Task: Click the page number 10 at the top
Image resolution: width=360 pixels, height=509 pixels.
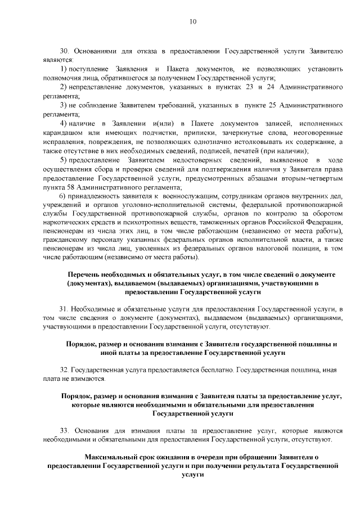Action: tap(193, 22)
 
